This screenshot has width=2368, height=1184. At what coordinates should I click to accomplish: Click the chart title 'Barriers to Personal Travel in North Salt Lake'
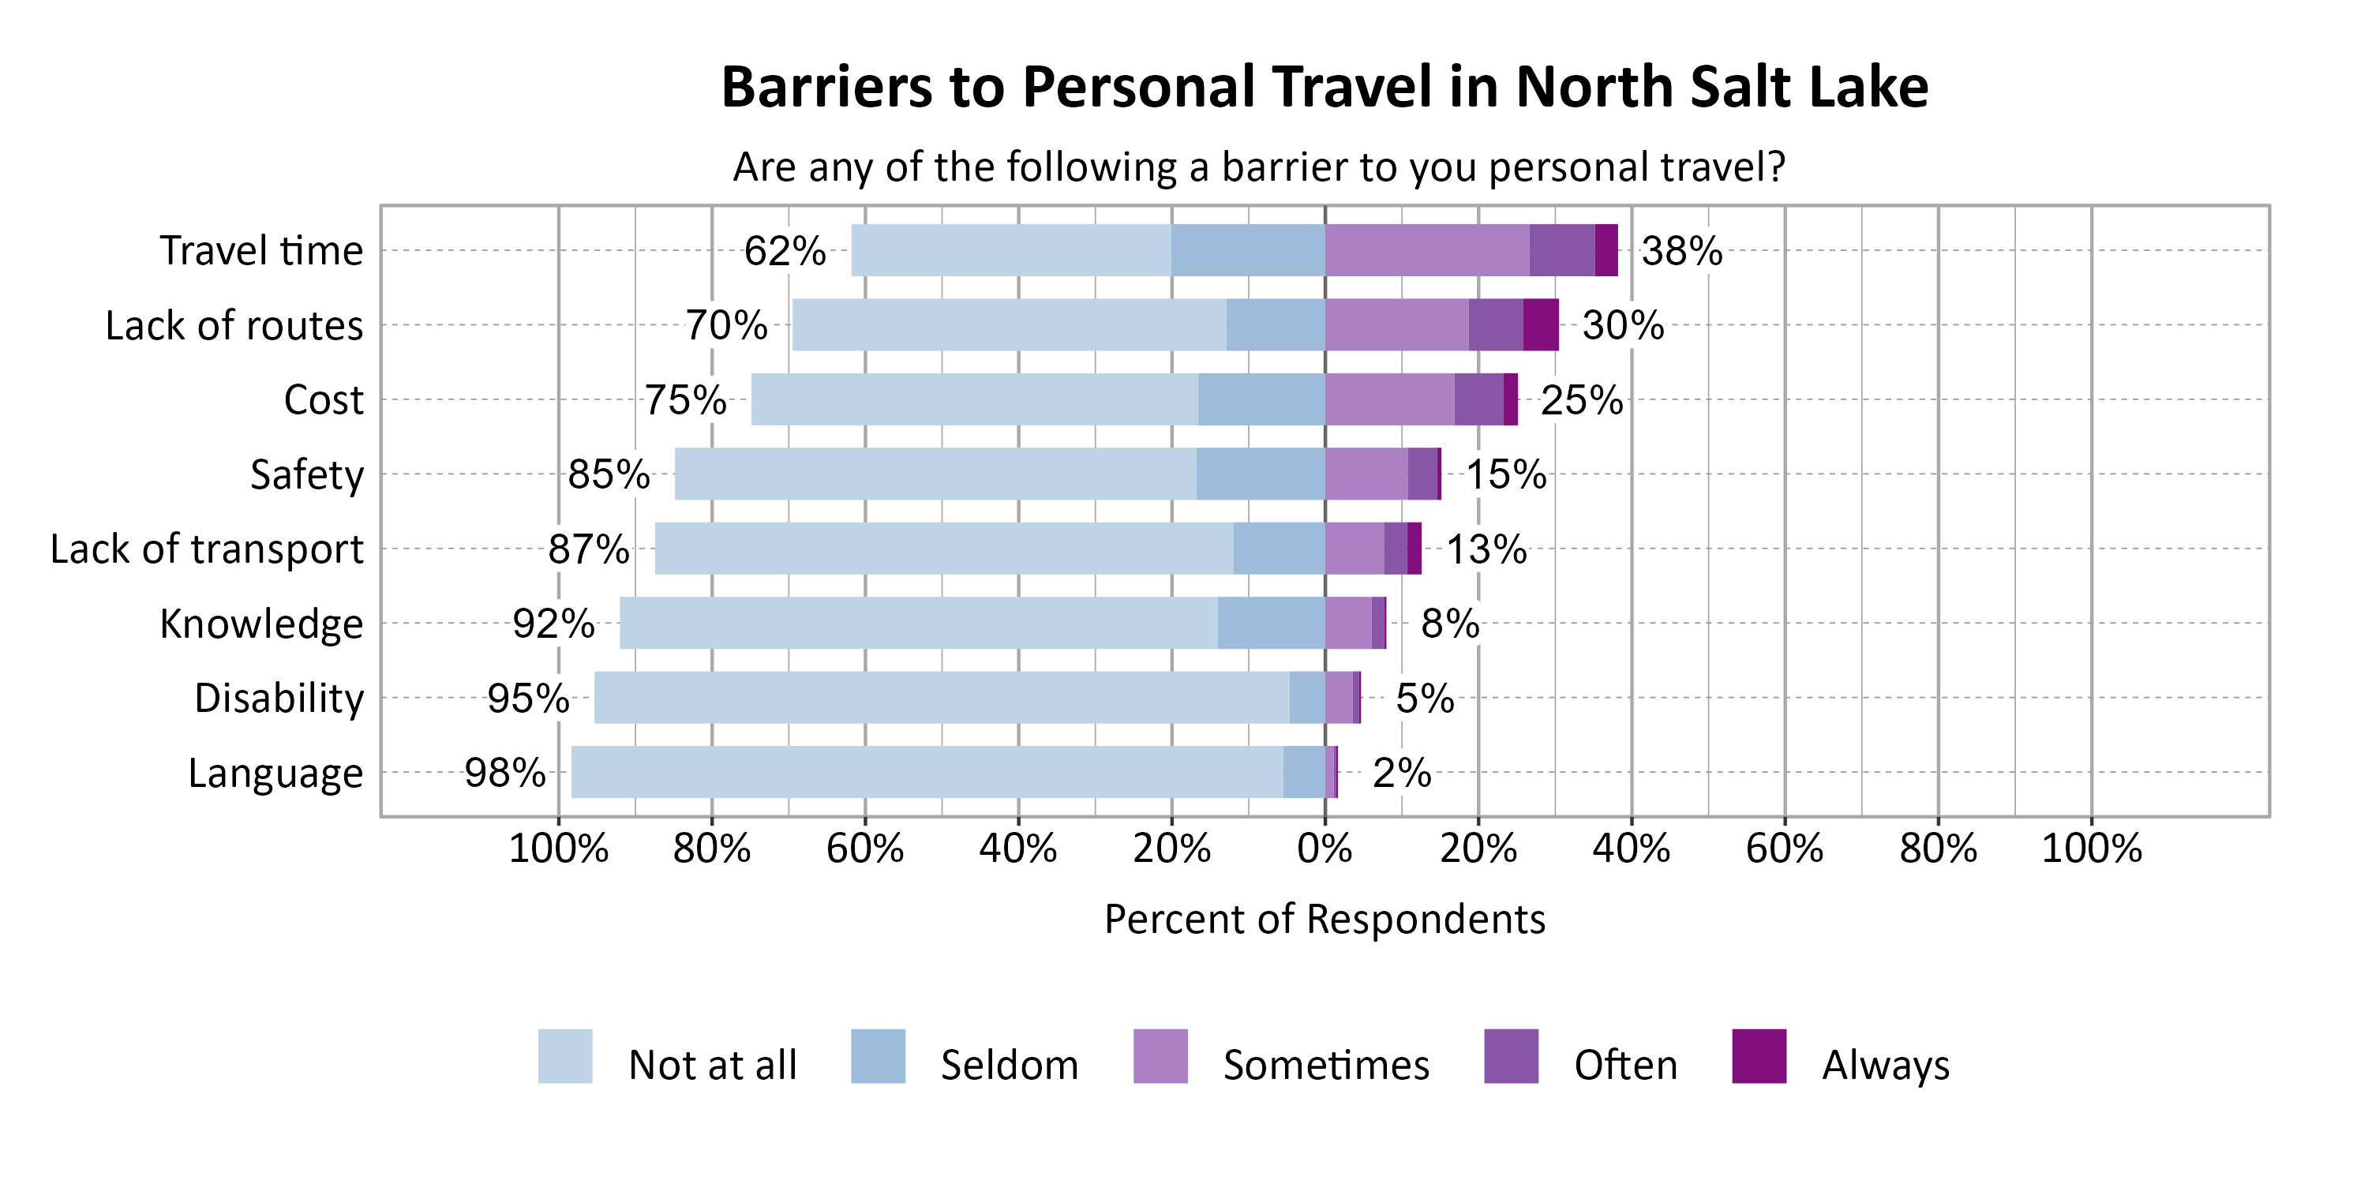[x=1324, y=88]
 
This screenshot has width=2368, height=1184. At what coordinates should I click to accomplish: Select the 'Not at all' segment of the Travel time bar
[x=1010, y=250]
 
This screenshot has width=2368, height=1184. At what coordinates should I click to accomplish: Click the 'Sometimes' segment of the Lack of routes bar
[x=1396, y=324]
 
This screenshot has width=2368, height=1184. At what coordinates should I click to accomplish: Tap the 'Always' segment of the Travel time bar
[x=1606, y=250]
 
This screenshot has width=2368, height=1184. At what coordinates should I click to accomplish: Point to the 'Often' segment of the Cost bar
[x=1478, y=399]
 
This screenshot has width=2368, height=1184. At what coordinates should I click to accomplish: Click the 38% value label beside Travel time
[x=1681, y=251]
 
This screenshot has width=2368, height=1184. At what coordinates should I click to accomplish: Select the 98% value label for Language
[x=504, y=772]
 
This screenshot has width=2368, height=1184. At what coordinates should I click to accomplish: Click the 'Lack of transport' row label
[x=207, y=549]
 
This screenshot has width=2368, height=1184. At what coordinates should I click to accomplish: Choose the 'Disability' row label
[x=279, y=698]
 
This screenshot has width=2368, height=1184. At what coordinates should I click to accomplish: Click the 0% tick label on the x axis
[x=1325, y=848]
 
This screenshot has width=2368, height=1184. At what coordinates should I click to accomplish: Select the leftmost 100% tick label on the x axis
[x=558, y=848]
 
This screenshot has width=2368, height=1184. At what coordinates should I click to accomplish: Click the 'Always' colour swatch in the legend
[x=1759, y=1056]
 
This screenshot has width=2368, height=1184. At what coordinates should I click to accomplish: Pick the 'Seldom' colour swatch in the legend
[x=878, y=1056]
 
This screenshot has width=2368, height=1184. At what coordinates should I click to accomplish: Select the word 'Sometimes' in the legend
[x=1325, y=1066]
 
